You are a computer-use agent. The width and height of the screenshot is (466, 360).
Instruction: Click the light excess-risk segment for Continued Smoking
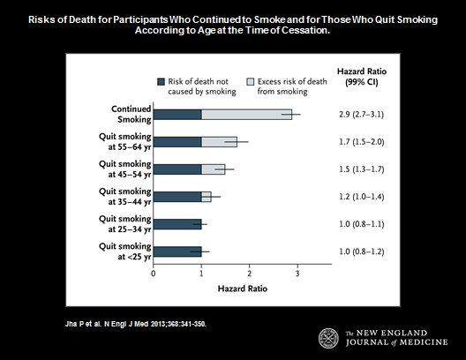246,115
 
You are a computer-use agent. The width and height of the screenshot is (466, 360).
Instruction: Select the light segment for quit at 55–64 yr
220,142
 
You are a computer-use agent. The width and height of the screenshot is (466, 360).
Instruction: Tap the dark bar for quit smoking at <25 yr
177,251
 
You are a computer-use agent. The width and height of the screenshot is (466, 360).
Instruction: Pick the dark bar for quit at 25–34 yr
177,224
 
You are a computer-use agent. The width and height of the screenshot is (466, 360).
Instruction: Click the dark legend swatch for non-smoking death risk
161,82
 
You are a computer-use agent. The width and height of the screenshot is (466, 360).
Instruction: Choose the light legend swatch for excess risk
251,82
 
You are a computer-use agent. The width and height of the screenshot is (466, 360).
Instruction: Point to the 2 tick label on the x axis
250,274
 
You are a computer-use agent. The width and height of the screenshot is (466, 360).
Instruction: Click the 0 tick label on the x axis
154,274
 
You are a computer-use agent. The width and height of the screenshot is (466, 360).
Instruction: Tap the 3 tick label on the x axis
297,274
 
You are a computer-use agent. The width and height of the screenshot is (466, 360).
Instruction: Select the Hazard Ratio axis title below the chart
243,289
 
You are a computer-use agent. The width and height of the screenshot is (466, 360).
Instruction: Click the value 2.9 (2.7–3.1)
361,115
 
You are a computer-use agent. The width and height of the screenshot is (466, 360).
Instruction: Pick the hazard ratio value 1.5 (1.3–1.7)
362,169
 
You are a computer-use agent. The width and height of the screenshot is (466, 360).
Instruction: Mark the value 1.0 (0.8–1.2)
362,251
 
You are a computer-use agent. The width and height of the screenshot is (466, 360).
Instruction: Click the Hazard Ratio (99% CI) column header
362,77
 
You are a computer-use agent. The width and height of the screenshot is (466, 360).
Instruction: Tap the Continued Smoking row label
131,114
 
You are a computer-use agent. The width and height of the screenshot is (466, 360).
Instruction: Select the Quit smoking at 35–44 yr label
124,197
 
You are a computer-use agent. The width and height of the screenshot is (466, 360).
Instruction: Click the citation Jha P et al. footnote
136,324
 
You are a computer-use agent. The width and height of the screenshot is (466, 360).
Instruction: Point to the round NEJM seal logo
328,338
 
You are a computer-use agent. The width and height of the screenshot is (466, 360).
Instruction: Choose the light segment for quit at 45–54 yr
214,169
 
